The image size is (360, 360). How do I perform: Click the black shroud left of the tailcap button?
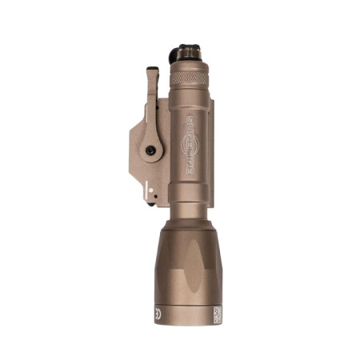[x=175, y=54]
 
